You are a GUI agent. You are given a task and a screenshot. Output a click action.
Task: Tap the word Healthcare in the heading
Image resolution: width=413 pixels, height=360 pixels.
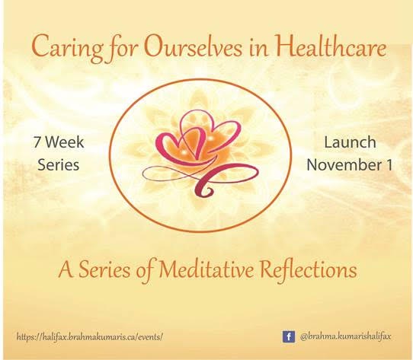point(331,46)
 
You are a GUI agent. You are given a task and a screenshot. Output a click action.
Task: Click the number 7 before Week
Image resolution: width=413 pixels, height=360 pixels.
point(37,142)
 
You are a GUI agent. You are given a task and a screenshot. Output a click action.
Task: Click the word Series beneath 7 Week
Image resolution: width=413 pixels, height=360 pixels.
point(58,164)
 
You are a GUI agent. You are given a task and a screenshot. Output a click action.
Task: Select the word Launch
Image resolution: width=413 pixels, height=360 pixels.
point(350,142)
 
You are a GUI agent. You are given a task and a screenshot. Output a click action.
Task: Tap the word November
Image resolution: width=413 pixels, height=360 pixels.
point(344,165)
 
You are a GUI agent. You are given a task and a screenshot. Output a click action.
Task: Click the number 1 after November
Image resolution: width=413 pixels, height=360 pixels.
point(389,165)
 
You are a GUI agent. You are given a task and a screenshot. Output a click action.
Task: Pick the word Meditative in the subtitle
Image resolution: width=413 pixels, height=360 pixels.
point(206,269)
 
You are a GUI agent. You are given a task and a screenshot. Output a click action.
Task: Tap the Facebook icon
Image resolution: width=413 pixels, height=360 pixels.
point(289,336)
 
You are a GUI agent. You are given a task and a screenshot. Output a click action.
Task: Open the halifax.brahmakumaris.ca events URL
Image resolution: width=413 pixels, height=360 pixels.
point(90,336)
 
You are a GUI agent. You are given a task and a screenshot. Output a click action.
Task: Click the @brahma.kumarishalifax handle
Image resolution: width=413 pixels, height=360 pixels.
point(346,336)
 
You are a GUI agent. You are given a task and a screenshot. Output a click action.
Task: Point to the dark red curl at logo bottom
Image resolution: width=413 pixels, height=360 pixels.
point(205,186)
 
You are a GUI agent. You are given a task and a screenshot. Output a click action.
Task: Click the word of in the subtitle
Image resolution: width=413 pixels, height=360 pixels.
point(145,271)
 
